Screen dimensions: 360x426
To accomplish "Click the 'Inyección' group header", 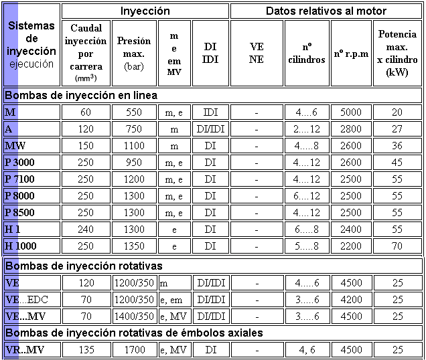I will click(145, 11).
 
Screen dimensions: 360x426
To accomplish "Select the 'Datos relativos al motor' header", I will click(326, 11).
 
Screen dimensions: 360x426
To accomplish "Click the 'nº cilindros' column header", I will click(307, 53).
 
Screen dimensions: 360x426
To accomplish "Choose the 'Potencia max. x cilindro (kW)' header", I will click(397, 53).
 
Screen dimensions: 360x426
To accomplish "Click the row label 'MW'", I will click(15, 145).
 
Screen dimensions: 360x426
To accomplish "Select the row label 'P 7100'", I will click(19, 179).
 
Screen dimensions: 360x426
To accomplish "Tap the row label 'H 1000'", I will click(21, 246).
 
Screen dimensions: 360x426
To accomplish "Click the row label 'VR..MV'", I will click(23, 349).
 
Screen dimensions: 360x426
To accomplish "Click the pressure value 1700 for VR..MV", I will click(134, 349).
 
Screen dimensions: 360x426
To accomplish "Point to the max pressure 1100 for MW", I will click(134, 145).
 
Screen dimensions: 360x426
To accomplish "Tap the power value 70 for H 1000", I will click(397, 246).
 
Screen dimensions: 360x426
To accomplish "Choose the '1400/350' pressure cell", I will click(134, 315).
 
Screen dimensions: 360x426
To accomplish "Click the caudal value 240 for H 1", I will click(85, 229).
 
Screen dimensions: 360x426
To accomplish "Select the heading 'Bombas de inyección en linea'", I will click(81, 95).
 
